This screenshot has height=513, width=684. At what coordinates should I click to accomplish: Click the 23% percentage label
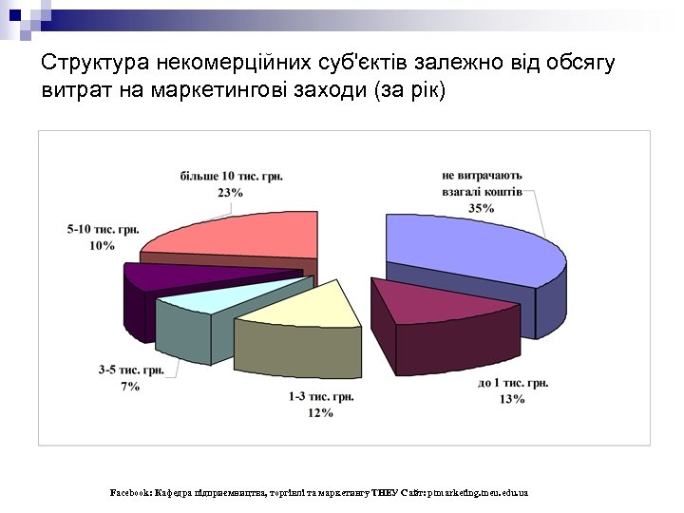(230, 192)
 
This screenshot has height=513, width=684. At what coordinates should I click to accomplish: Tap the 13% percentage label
(511, 399)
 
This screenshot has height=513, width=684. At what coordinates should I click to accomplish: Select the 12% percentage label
(319, 412)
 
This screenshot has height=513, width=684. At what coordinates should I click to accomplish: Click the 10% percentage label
(103, 246)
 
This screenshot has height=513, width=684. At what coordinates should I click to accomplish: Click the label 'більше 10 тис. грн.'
(231, 176)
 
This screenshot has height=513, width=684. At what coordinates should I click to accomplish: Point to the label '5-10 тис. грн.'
(104, 230)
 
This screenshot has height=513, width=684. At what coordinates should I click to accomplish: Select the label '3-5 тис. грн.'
(131, 370)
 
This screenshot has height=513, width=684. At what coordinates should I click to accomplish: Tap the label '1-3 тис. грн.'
(319, 396)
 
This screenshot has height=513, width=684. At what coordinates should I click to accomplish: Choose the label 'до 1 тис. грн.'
(512, 383)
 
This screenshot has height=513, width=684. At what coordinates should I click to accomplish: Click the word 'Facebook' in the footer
(130, 493)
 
